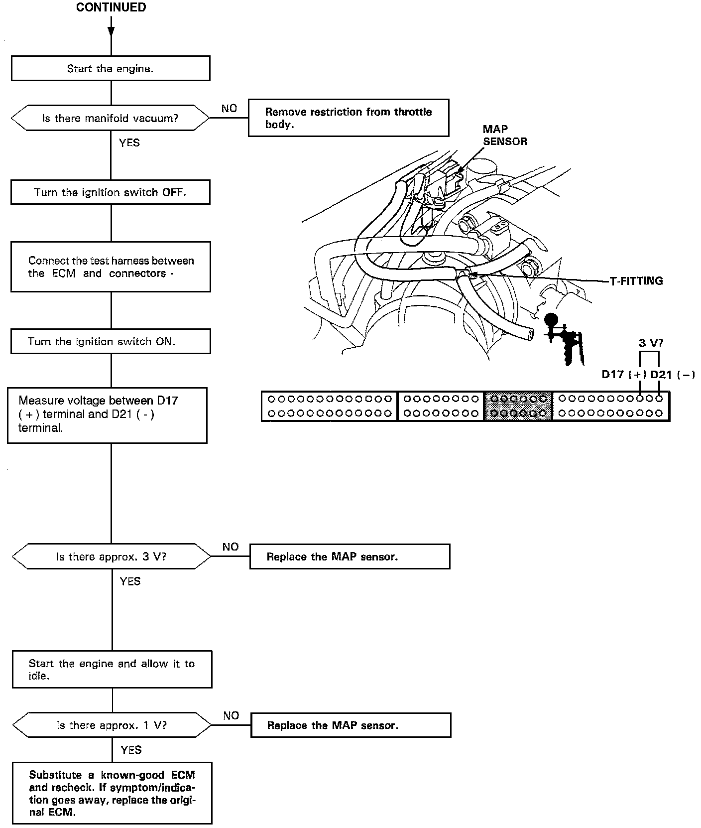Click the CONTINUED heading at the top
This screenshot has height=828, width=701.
coord(111,7)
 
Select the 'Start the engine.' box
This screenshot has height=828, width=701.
coord(111,69)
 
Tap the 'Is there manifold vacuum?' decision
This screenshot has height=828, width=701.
coord(110,118)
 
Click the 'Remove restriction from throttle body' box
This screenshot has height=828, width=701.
coord(348,118)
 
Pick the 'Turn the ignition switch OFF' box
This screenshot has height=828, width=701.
coord(111,192)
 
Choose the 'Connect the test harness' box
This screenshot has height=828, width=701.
coord(111,267)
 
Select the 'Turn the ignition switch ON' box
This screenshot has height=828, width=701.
coord(111,341)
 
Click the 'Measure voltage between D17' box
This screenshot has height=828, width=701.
coord(107,415)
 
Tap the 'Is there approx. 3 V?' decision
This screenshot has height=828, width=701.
coord(111,556)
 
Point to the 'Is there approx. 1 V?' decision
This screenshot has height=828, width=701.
coord(112,725)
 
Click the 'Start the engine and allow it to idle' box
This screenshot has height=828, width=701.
coord(112,670)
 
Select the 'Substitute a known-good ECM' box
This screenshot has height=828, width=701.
coord(112,792)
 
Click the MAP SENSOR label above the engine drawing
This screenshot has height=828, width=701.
coord(504,136)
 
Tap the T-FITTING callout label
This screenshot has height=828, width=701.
coord(636,281)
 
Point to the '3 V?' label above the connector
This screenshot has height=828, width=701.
coord(651,343)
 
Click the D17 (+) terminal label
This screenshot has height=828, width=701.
coord(623,375)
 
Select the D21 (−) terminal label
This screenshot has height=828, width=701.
coord(672,375)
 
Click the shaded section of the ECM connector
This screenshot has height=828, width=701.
coord(518,406)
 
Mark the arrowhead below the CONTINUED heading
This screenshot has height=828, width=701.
coord(111,31)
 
